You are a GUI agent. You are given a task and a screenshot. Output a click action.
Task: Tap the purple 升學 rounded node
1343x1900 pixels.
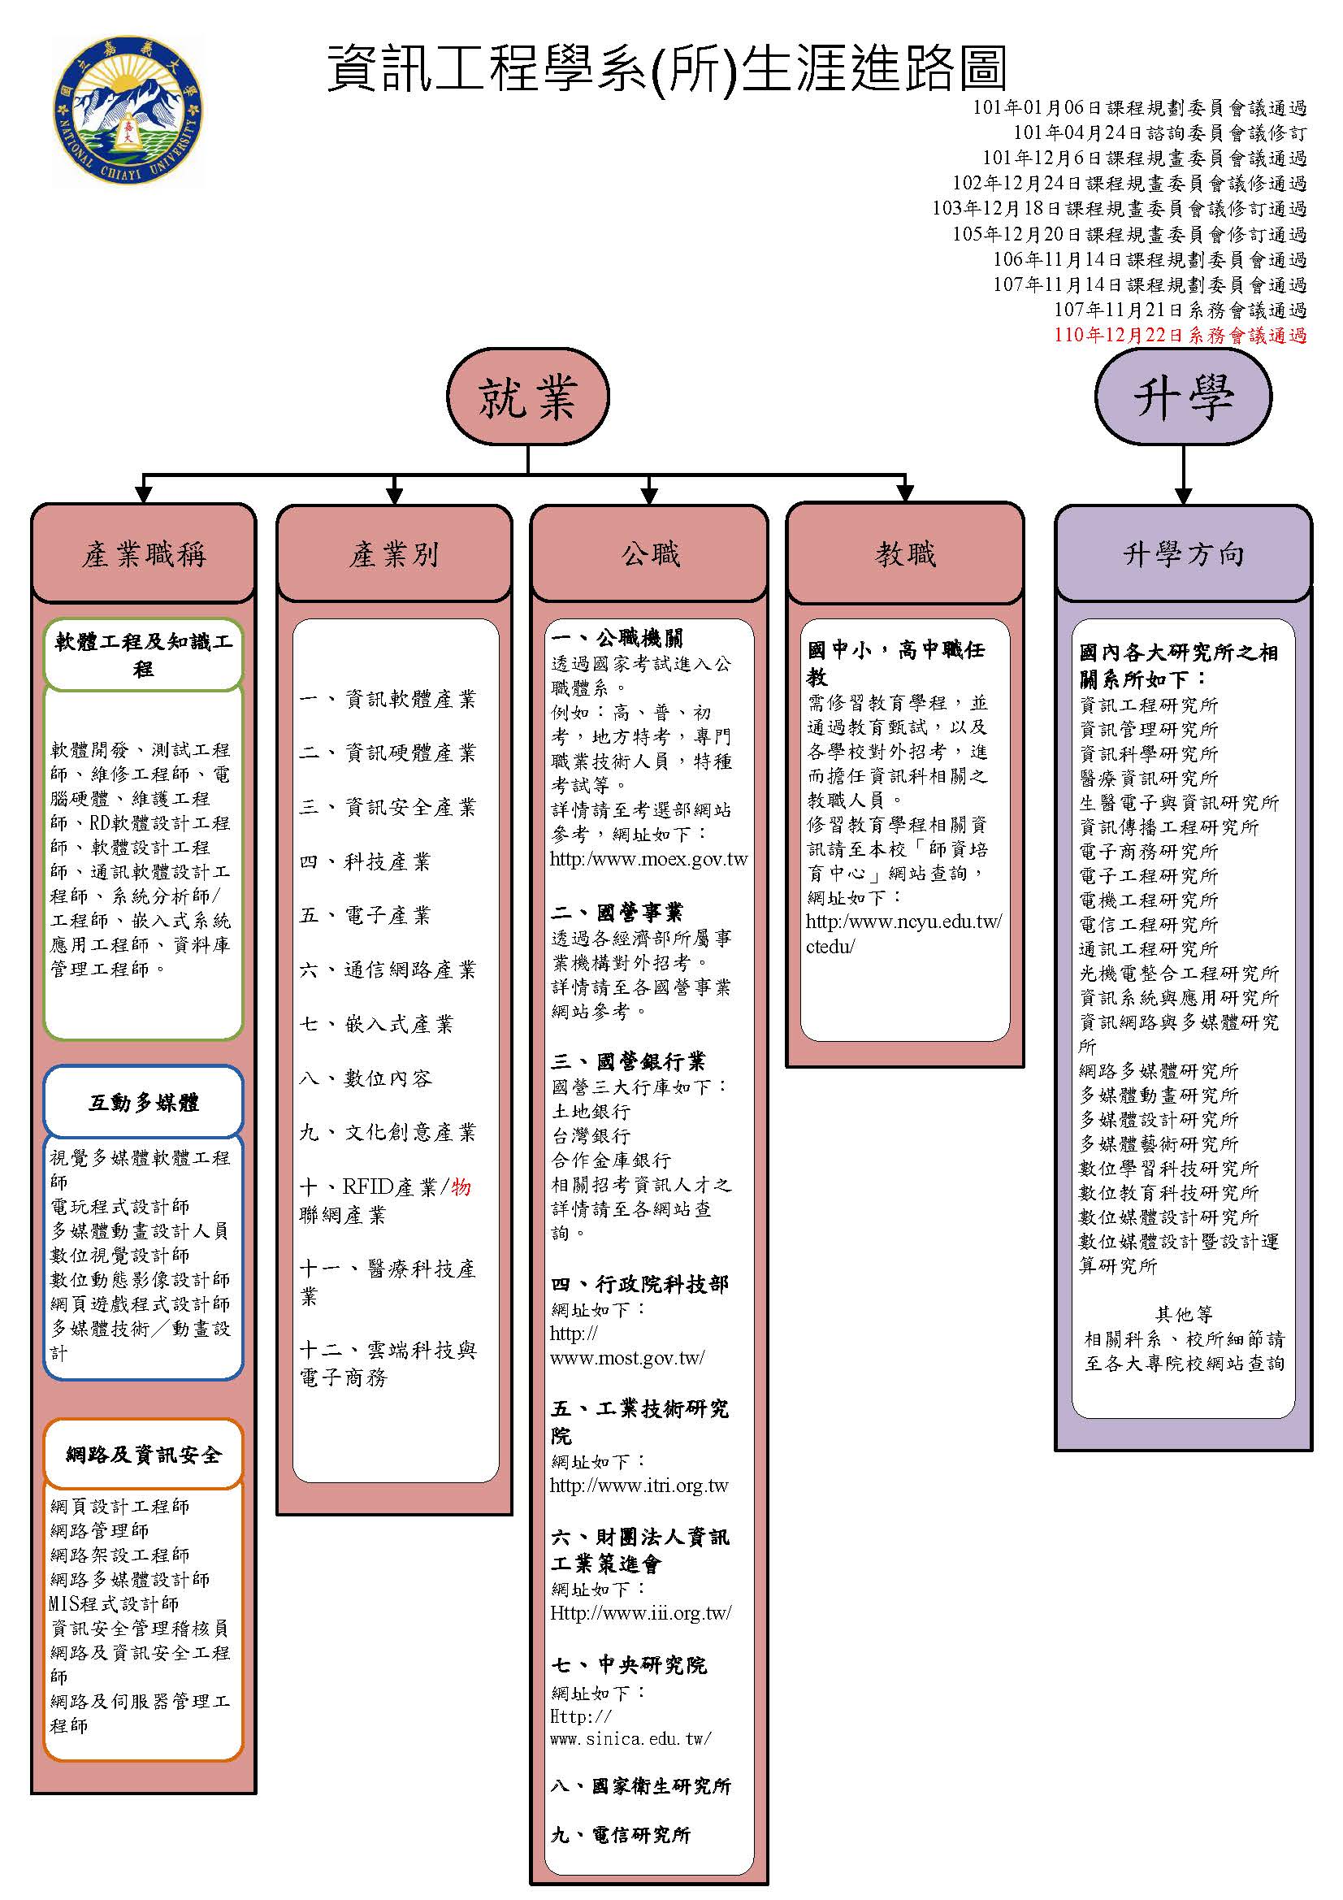pyautogui.click(x=1182, y=398)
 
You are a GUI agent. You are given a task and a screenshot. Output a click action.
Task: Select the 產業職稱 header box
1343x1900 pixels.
pyautogui.click(x=143, y=553)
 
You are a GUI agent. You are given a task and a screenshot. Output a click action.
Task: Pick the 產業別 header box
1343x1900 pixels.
pyautogui.click(x=394, y=553)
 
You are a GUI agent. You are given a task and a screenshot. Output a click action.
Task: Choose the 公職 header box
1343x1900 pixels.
pyautogui.click(x=650, y=553)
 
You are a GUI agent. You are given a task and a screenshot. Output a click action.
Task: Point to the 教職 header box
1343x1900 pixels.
pyautogui.click(x=905, y=553)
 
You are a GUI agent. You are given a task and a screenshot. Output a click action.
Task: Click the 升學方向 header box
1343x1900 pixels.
pyautogui.click(x=1183, y=553)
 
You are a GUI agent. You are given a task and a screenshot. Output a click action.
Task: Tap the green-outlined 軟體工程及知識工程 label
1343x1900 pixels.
pyautogui.click(x=143, y=654)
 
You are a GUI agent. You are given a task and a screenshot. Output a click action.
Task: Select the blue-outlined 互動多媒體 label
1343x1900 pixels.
pyautogui.click(x=143, y=1102)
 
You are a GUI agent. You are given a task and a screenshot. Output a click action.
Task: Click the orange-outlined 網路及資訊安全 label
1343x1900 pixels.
pyautogui.click(x=143, y=1454)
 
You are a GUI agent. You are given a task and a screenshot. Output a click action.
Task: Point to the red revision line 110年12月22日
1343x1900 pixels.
pyautogui.click(x=1180, y=335)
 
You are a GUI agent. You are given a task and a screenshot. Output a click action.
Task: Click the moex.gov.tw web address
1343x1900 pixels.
pyautogui.click(x=648, y=859)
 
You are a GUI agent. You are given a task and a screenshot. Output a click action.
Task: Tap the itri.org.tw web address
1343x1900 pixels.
pyautogui.click(x=639, y=1485)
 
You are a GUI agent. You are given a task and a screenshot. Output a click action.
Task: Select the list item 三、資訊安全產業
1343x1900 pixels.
pyautogui.click(x=388, y=807)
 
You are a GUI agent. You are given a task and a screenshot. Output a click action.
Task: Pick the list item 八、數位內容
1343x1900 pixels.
pyautogui.click(x=366, y=1078)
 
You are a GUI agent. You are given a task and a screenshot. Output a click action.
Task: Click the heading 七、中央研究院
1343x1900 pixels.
pyautogui.click(x=630, y=1664)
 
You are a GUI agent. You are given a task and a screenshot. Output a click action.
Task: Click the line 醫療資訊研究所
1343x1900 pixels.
pyautogui.click(x=1149, y=778)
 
